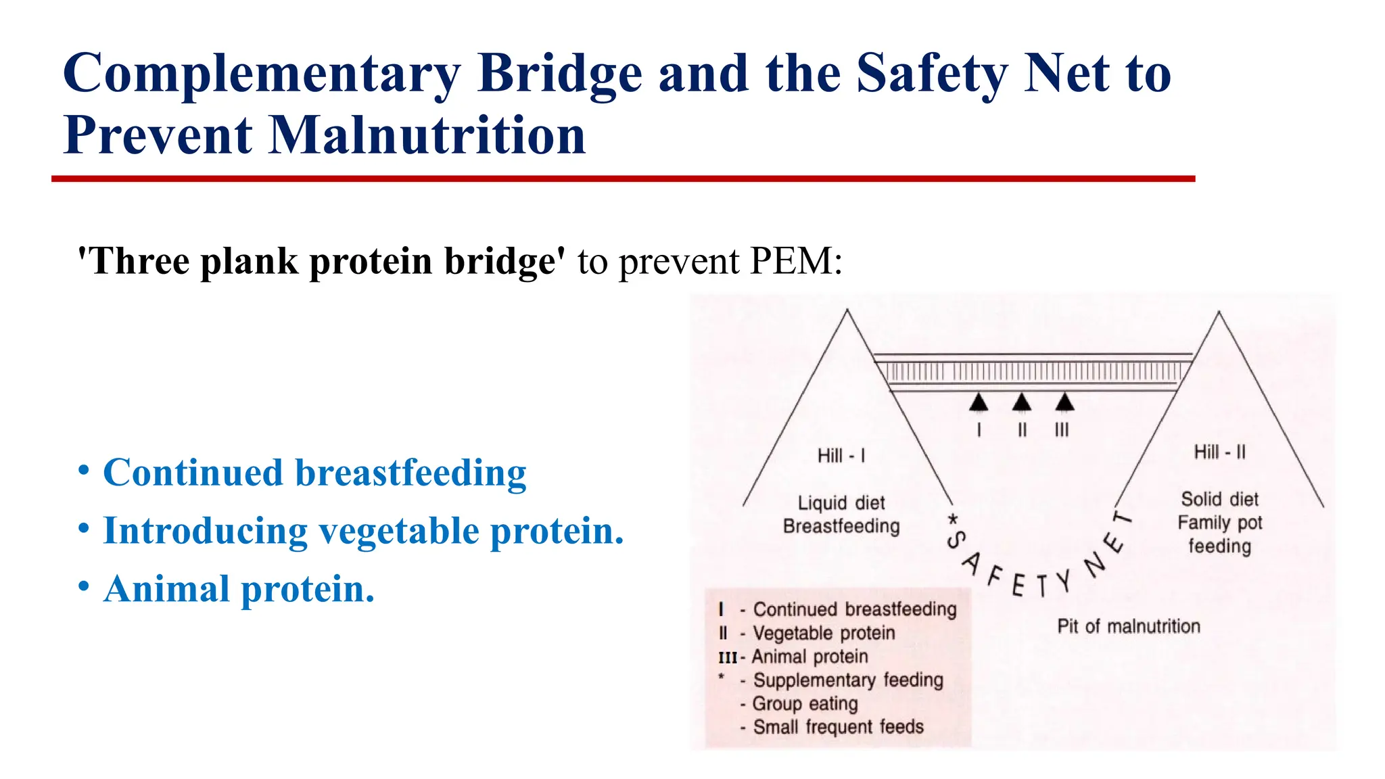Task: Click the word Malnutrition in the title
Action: coord(427,135)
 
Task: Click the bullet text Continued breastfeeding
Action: coord(314,472)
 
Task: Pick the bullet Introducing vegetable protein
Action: coord(363,530)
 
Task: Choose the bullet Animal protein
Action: coord(239,589)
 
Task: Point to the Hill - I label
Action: coord(841,456)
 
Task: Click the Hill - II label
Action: coord(1219,452)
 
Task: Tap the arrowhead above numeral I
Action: coord(979,402)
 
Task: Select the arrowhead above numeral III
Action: coord(1064,402)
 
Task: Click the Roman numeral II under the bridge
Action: coord(1022,430)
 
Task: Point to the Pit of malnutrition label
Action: coord(1129,626)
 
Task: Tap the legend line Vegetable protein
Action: coord(824,633)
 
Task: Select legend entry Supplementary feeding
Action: coord(848,680)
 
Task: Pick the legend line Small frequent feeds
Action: coord(838,727)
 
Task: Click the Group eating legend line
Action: coord(805,703)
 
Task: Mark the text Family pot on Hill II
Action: coord(1219,523)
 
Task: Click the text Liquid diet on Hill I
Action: coord(841,503)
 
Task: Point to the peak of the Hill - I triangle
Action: coord(847,310)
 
